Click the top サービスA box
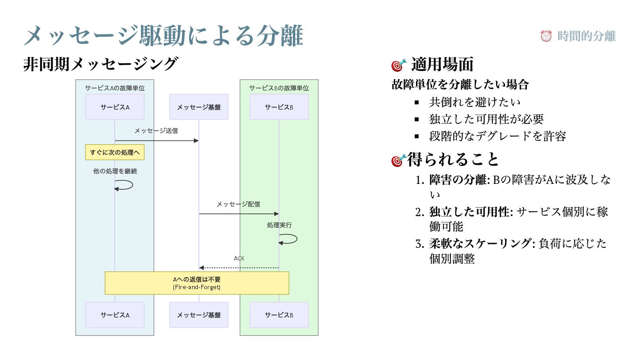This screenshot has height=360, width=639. coord(115,107)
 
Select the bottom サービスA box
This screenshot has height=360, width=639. coord(115,315)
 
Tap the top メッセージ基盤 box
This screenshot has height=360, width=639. coord(199,107)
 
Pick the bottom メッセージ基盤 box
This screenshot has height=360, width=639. coord(199,315)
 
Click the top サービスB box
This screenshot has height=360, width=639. coord(279,107)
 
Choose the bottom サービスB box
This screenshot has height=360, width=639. coord(279,315)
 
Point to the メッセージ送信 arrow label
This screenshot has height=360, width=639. coord(156,130)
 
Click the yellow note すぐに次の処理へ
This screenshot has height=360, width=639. coord(115,152)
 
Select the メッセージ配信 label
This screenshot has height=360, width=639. coord(238,204)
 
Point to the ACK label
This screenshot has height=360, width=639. coord(239,258)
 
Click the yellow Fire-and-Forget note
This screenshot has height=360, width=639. coord(197,283)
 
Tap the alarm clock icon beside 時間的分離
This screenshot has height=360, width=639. coord(546,36)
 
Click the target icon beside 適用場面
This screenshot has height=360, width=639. coord(399,65)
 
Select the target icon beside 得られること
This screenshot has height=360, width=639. coord(399,160)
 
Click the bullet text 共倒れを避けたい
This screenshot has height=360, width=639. coord(475,102)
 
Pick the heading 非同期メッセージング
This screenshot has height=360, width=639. coord(100,64)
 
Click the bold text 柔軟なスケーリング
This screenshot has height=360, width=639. coord(480,243)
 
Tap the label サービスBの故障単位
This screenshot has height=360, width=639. coord(279,88)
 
